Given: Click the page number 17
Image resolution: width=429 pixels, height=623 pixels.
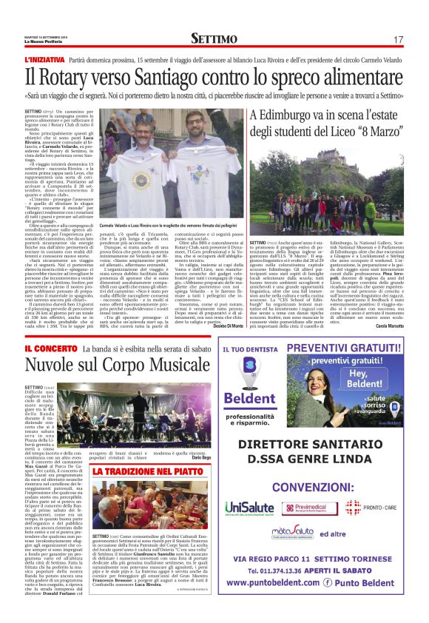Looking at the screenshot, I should click(398, 39).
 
